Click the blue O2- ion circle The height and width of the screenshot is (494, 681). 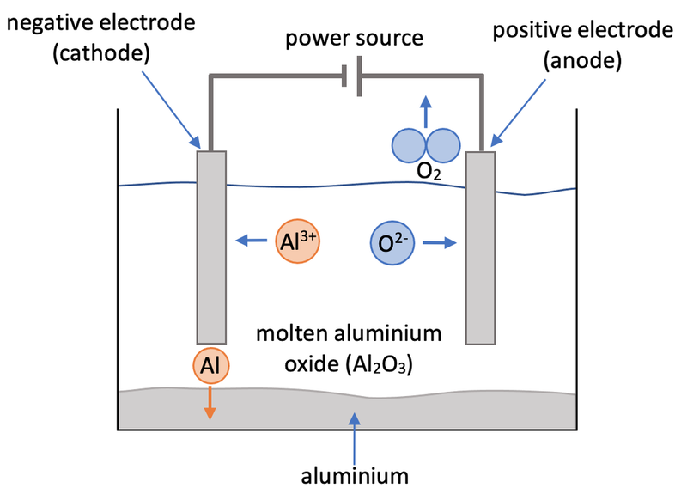point(393,243)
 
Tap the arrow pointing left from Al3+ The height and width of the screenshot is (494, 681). point(251,241)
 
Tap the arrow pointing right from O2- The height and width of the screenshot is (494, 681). point(439,243)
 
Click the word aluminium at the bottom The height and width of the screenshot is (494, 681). point(353,473)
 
